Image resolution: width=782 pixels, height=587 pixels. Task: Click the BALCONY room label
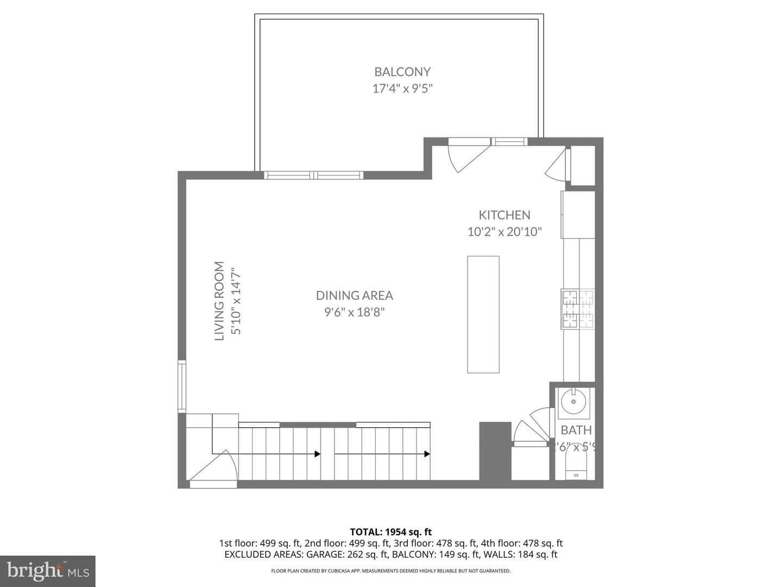click(402, 72)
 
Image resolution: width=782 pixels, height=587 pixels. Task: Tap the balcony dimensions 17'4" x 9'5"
click(402, 89)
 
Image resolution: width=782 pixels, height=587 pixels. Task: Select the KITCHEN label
click(504, 215)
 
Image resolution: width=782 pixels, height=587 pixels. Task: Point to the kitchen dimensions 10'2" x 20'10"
click(504, 232)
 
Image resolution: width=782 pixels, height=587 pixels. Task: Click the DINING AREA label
click(354, 295)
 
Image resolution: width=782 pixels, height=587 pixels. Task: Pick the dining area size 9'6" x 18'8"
click(354, 312)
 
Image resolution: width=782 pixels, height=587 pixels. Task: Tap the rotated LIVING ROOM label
click(219, 301)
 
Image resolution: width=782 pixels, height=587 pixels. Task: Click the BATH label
click(576, 430)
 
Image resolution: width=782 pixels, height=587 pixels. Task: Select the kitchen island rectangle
click(483, 314)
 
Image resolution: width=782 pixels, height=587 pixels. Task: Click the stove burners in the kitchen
click(577, 309)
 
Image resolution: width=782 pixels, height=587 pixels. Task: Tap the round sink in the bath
click(572, 403)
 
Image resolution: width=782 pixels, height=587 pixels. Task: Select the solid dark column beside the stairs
click(495, 451)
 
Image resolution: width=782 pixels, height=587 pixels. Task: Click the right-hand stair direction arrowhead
click(427, 454)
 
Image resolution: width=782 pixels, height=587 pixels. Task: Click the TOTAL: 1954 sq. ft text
click(390, 532)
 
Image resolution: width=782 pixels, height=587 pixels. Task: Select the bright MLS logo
click(48, 571)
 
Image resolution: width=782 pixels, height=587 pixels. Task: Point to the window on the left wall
click(182, 386)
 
